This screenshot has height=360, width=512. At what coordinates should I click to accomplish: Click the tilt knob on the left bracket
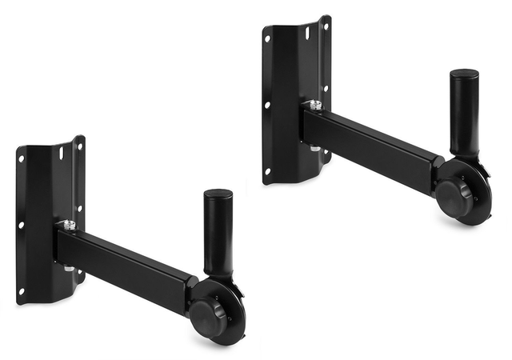(x=209, y=310)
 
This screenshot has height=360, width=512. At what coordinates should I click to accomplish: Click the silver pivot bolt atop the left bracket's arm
(x=70, y=226)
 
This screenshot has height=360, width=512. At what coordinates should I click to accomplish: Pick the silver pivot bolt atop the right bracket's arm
(x=316, y=105)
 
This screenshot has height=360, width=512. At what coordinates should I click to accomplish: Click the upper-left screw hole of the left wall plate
(x=22, y=158)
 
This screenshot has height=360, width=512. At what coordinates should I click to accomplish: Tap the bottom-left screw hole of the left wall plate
(x=22, y=290)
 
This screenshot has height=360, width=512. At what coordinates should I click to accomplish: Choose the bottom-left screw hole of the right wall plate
(x=268, y=170)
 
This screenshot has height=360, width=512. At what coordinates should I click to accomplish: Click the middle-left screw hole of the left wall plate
(x=22, y=225)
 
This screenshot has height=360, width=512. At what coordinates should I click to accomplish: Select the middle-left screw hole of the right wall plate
(x=267, y=104)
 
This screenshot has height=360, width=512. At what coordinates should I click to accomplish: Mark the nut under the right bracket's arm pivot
(x=316, y=149)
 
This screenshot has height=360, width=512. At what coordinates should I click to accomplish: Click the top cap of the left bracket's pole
(x=218, y=194)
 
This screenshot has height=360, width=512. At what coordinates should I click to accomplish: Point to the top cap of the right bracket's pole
(x=463, y=74)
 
